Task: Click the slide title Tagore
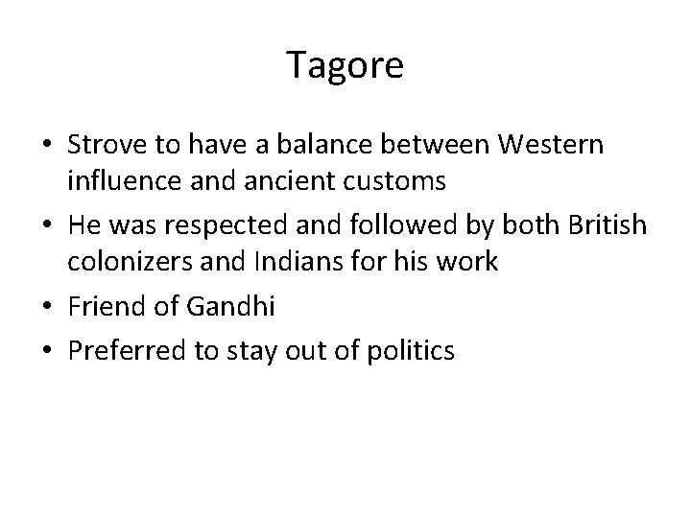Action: pos(345,65)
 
